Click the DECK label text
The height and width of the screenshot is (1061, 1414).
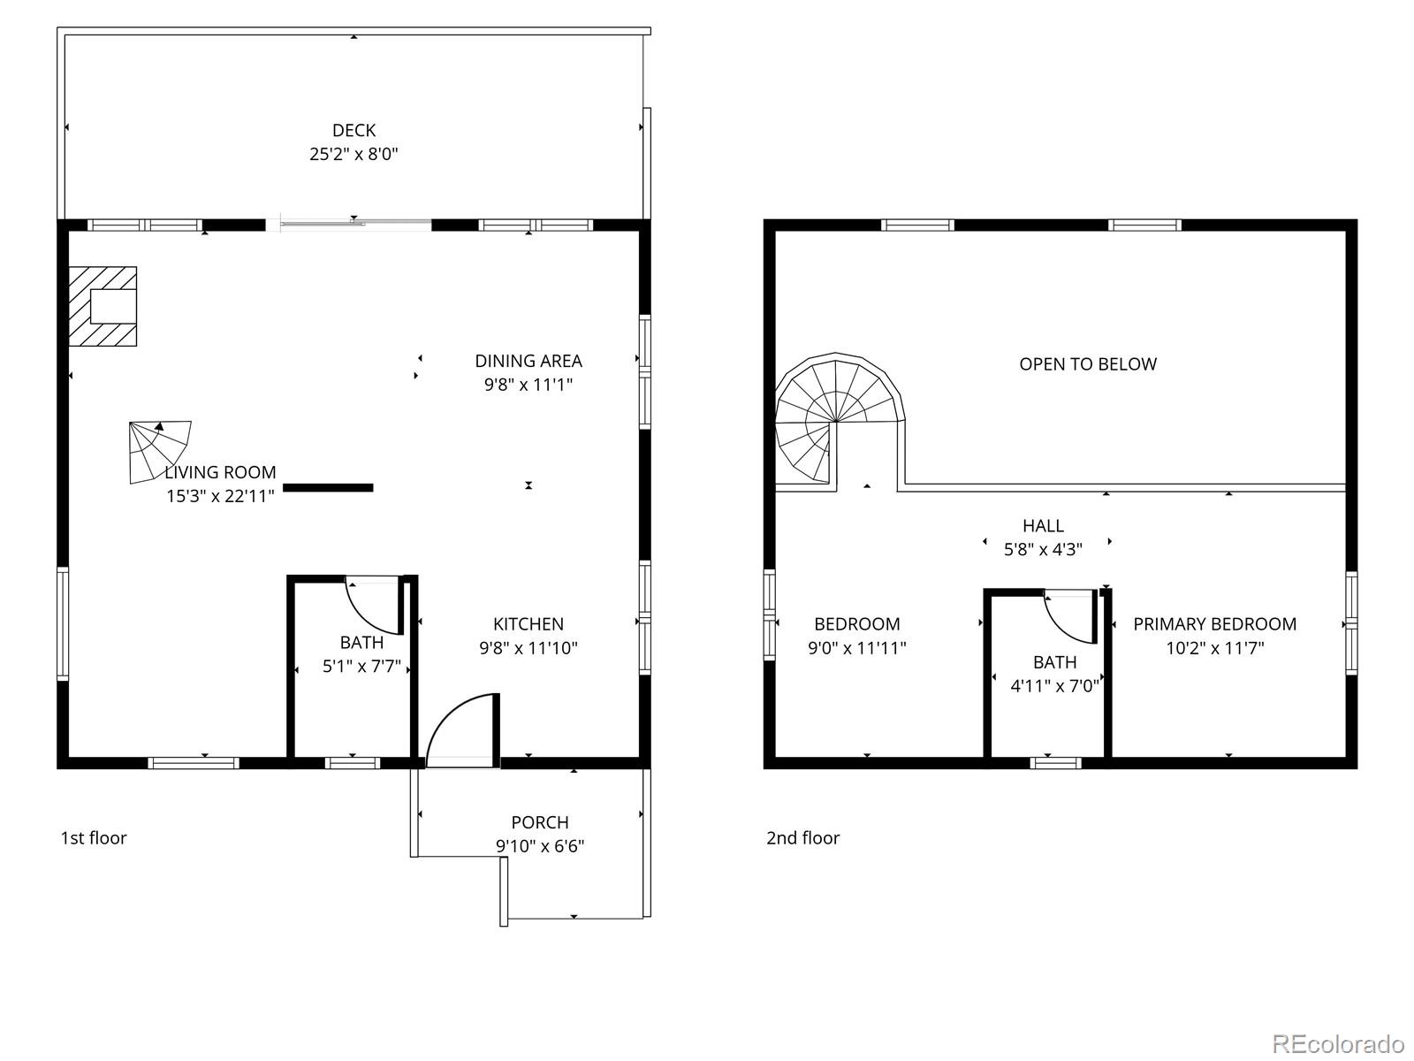[353, 131]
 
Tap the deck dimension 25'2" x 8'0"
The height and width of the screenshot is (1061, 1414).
[353, 154]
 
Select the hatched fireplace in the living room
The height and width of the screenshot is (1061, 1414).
[103, 306]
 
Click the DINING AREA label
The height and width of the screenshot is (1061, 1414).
[528, 361]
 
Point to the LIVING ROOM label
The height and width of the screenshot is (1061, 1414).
[220, 472]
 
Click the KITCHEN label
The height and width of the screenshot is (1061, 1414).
[528, 624]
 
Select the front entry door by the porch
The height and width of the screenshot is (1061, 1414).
[462, 729]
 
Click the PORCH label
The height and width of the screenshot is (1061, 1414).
[540, 822]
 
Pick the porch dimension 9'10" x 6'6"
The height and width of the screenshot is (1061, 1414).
[540, 846]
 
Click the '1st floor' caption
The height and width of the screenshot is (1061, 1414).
[94, 837]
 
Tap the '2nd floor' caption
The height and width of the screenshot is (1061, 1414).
[802, 837]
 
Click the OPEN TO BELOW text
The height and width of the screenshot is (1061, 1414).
[1088, 364]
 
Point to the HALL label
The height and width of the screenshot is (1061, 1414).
[1043, 526]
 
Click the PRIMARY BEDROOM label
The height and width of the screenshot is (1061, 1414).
[1215, 624]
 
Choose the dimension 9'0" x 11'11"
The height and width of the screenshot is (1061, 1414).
[857, 648]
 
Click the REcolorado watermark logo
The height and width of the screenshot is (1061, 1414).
[1338, 1036]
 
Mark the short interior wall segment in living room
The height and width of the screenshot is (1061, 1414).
[328, 487]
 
